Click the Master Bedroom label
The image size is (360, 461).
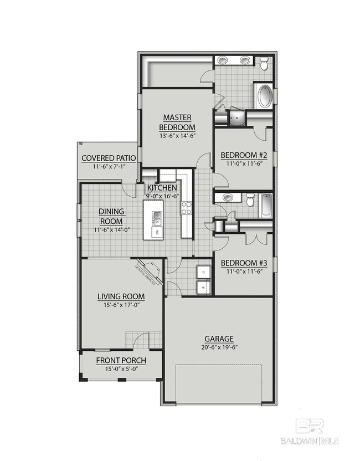[177, 122]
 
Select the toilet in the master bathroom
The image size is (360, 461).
[265, 65]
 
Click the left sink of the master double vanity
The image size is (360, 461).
[224, 60]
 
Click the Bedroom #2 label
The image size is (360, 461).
[244, 155]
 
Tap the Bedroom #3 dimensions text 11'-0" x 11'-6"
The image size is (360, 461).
[244, 272]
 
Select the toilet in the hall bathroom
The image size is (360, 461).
[250, 201]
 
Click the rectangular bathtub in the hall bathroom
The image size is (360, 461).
[266, 206]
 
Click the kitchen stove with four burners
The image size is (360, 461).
[186, 208]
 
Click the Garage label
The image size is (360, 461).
[219, 339]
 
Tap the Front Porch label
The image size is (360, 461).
[121, 361]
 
